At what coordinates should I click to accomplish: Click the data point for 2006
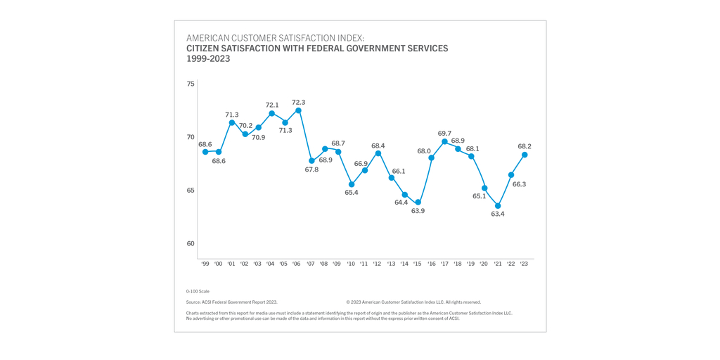pos(298,110)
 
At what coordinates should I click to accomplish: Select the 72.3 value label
pos(298,103)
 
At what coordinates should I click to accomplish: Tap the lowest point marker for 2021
pos(498,206)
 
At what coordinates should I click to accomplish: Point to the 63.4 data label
pos(498,214)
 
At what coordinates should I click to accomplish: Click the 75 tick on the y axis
pos(191,84)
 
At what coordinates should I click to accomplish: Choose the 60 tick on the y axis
pos(191,244)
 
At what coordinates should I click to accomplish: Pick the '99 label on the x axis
pos(205,264)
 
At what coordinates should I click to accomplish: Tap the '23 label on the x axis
pos(524,264)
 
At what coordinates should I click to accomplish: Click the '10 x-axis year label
pos(351,264)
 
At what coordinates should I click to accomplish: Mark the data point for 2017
pos(444,141)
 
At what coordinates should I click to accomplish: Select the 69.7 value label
pos(444,134)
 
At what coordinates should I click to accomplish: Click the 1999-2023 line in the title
pos(208,59)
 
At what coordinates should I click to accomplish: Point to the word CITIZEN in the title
pos(204,49)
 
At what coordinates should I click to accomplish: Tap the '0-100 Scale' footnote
pos(198,291)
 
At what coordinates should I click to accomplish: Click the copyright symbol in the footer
pos(348,302)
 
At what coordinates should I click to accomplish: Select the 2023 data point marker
pos(525,155)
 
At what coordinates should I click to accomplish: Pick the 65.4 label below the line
pos(352,193)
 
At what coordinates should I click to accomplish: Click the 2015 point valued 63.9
pos(418,202)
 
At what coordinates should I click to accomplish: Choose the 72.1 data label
pos(271,105)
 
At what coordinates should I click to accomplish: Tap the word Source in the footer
pos(194,302)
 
